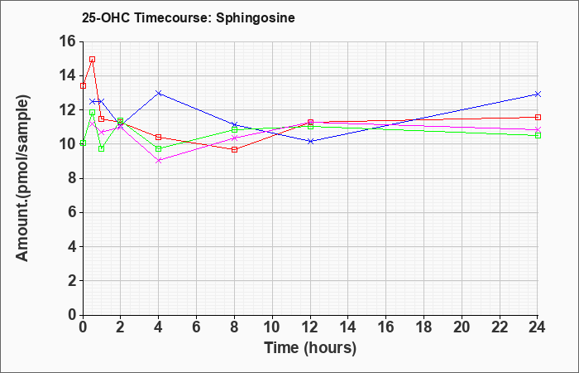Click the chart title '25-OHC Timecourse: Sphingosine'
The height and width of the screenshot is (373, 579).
click(189, 17)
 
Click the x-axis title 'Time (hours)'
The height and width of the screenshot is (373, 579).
click(310, 348)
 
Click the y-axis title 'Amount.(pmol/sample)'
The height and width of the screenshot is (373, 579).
click(23, 178)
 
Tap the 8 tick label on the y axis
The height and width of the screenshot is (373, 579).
click(72, 179)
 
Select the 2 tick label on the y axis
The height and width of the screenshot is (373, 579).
click(72, 281)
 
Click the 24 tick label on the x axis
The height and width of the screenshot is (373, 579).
click(538, 327)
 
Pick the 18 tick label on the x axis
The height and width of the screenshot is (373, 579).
click(423, 327)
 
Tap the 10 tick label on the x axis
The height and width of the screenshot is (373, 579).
click(272, 327)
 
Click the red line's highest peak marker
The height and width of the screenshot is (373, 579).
click(93, 59)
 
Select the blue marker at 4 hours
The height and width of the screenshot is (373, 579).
click(159, 93)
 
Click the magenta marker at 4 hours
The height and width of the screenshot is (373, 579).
click(159, 161)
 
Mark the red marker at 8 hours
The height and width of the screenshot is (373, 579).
click(234, 149)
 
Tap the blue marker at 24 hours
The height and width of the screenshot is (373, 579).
click(538, 94)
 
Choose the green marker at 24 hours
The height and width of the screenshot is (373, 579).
click(538, 135)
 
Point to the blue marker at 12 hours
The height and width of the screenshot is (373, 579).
click(310, 141)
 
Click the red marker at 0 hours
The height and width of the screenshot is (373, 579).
click(83, 86)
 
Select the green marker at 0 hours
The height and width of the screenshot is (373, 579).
click(83, 143)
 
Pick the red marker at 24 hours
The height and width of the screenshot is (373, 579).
click(538, 118)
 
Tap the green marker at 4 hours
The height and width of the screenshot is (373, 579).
click(159, 148)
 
